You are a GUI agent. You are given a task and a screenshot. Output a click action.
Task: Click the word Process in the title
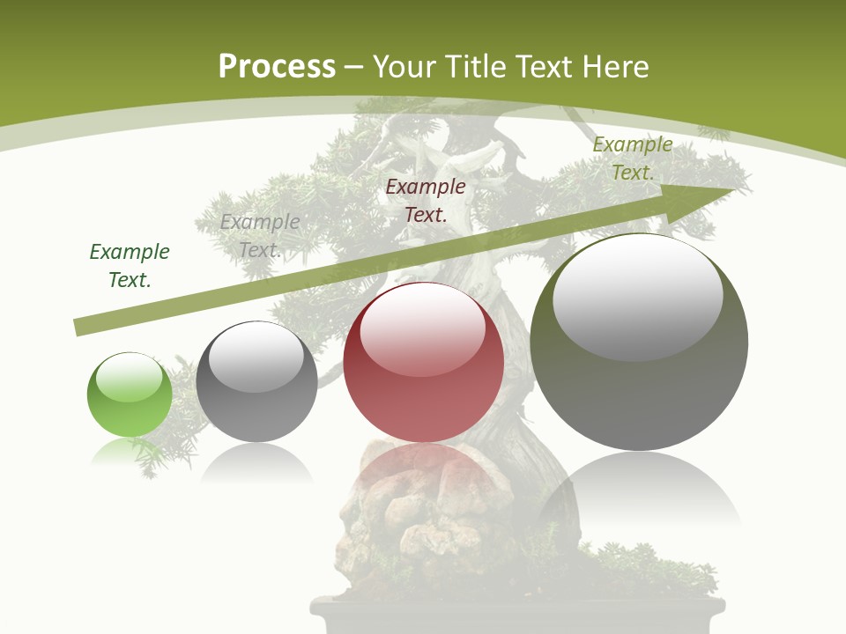(x=277, y=67)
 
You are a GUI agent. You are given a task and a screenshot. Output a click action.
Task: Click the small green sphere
(x=130, y=395)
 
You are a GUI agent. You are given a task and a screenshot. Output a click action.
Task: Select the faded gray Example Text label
(x=260, y=236)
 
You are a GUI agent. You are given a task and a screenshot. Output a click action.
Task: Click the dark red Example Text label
(x=426, y=200)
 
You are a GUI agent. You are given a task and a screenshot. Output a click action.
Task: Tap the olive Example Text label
(x=632, y=158)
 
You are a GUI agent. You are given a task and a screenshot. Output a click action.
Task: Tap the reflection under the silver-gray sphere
(x=256, y=463)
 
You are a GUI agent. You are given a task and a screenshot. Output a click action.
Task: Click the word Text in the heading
(x=542, y=67)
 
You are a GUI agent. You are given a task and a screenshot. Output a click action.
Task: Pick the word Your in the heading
(x=403, y=67)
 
